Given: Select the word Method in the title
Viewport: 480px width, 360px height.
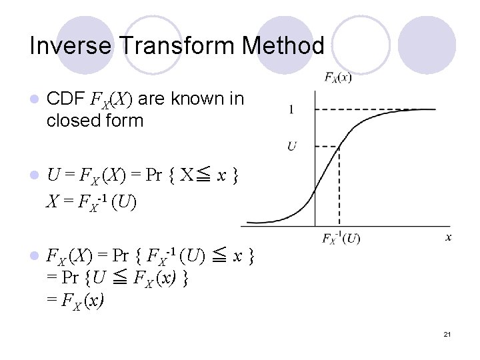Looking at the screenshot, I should (283, 46).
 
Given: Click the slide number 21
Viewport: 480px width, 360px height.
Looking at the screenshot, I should (447, 333).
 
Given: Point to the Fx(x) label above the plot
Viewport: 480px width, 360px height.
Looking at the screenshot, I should (338, 77).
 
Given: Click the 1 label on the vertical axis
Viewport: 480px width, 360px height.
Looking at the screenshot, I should (291, 109).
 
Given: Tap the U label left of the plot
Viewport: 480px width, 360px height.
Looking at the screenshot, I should (291, 145).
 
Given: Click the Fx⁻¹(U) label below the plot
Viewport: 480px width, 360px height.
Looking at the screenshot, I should (341, 238).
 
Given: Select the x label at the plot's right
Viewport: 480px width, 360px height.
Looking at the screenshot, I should (449, 237).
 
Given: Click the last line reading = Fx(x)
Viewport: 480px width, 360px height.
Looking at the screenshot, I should (75, 301).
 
